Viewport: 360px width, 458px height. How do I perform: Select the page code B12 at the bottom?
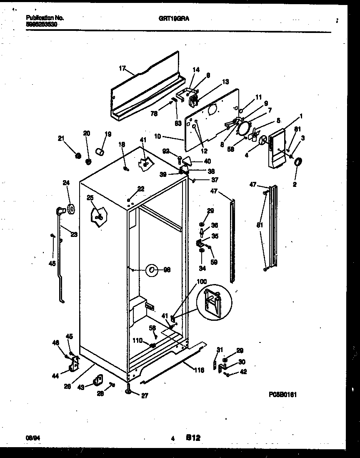(193, 438)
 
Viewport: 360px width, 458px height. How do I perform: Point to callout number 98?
(167, 270)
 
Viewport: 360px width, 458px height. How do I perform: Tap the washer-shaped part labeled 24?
(69, 209)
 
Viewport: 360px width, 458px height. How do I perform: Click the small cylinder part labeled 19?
(100, 151)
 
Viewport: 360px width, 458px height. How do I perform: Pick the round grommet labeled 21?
(77, 156)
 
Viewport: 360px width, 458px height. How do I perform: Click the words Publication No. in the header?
(45, 18)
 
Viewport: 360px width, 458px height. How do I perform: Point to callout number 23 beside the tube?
(74, 234)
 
